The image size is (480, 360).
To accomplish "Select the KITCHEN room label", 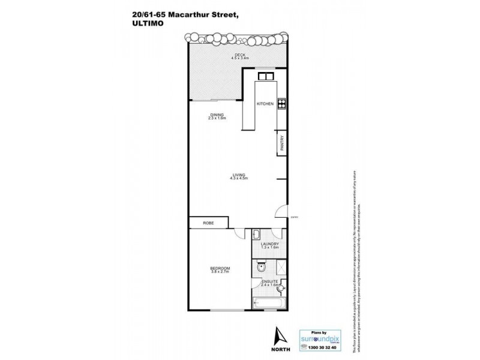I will [x=265, y=104].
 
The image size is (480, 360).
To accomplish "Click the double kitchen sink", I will [x=265, y=76].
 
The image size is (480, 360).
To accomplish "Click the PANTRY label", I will [x=281, y=144].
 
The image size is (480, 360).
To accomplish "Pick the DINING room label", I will [x=217, y=115].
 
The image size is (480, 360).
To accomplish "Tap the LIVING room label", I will [x=240, y=175].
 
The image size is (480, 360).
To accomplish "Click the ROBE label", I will [x=207, y=223].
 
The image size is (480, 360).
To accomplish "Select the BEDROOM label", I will [x=220, y=268].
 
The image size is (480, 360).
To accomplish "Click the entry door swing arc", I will [x=280, y=212].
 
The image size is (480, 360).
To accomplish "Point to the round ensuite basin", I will [x=280, y=290].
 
